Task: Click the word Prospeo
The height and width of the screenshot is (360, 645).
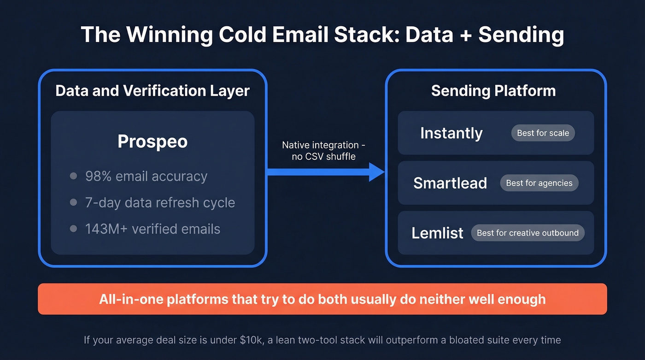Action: point(152,141)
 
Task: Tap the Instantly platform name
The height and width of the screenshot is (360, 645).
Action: point(451,133)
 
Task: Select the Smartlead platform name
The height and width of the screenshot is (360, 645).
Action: point(450,183)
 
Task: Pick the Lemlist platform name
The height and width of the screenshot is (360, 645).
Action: point(437,233)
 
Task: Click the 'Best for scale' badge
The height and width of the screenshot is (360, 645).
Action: point(543,133)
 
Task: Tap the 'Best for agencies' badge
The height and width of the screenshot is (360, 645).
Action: point(539,183)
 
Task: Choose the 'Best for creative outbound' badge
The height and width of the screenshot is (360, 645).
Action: point(528,233)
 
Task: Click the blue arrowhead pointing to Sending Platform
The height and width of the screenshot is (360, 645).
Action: point(377,172)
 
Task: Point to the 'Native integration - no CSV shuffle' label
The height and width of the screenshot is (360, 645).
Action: point(323,151)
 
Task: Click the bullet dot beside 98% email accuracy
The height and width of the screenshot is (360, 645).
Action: point(73,176)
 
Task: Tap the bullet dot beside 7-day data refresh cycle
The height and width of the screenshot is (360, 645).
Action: point(73,202)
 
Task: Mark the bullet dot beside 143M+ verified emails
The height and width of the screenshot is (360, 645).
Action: point(73,229)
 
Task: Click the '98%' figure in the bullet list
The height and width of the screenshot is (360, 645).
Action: point(98,176)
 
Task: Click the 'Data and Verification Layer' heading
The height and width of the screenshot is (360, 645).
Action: point(152,90)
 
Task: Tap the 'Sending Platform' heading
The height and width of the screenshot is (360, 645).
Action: point(493,90)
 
